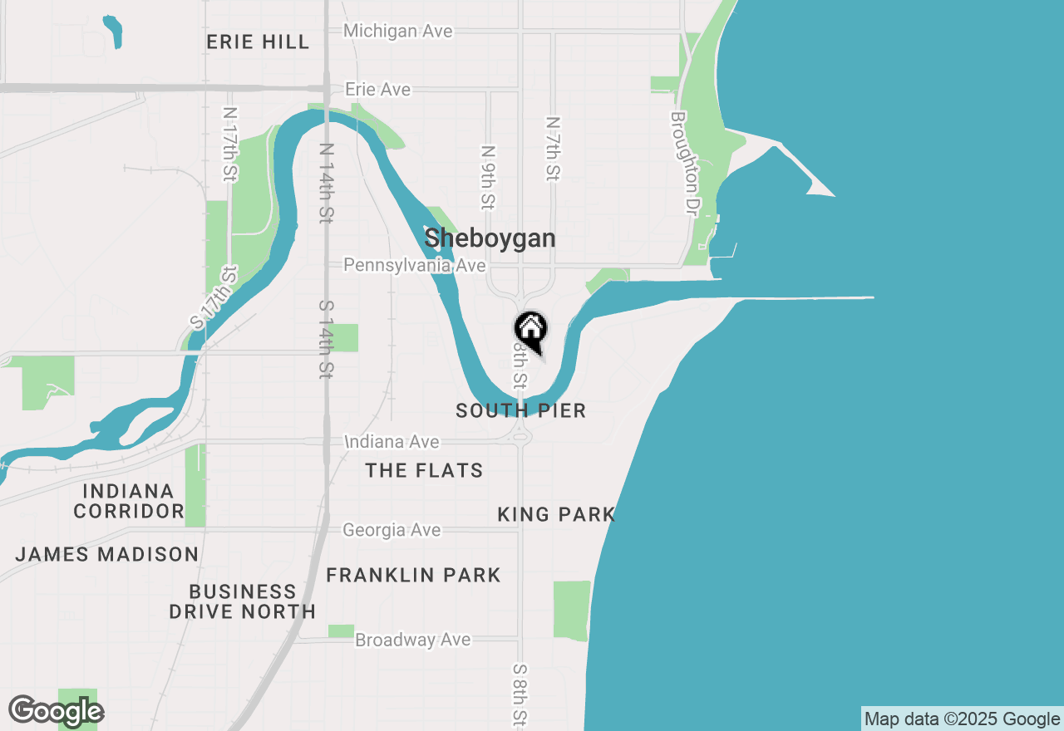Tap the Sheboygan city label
490,238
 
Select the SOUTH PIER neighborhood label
521,410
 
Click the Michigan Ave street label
398,31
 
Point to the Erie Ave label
378,89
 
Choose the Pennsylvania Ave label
415,265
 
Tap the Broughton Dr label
682,164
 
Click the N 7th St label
553,149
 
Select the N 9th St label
489,177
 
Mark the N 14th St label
327,183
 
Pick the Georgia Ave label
392,529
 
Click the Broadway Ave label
412,640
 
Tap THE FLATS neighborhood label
424,470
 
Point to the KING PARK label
555,514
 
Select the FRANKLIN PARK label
413,575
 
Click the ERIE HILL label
258,42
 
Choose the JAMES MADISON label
107,554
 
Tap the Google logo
56,711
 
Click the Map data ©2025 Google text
962,719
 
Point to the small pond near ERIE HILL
113,31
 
